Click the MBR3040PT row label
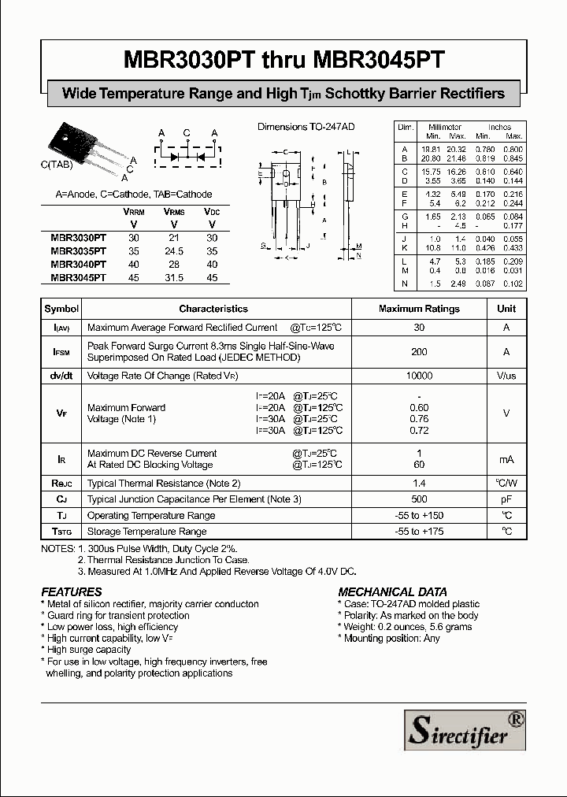coord(78,265)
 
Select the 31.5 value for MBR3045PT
coord(174,277)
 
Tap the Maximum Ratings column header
coord(419,309)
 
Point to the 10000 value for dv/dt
coord(419,376)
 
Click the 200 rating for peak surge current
coord(419,352)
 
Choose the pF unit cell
coord(506,499)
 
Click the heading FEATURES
coord(72,591)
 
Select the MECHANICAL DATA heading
coord(392,591)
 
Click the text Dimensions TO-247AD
coord(307,126)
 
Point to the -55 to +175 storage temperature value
coord(419,532)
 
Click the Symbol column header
coord(61,309)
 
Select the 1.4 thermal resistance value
coord(419,483)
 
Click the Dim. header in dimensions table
coord(406,127)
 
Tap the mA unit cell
coord(506,459)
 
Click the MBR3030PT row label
coord(78,237)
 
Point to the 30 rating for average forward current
coord(419,328)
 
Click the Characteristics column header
coord(213,309)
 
